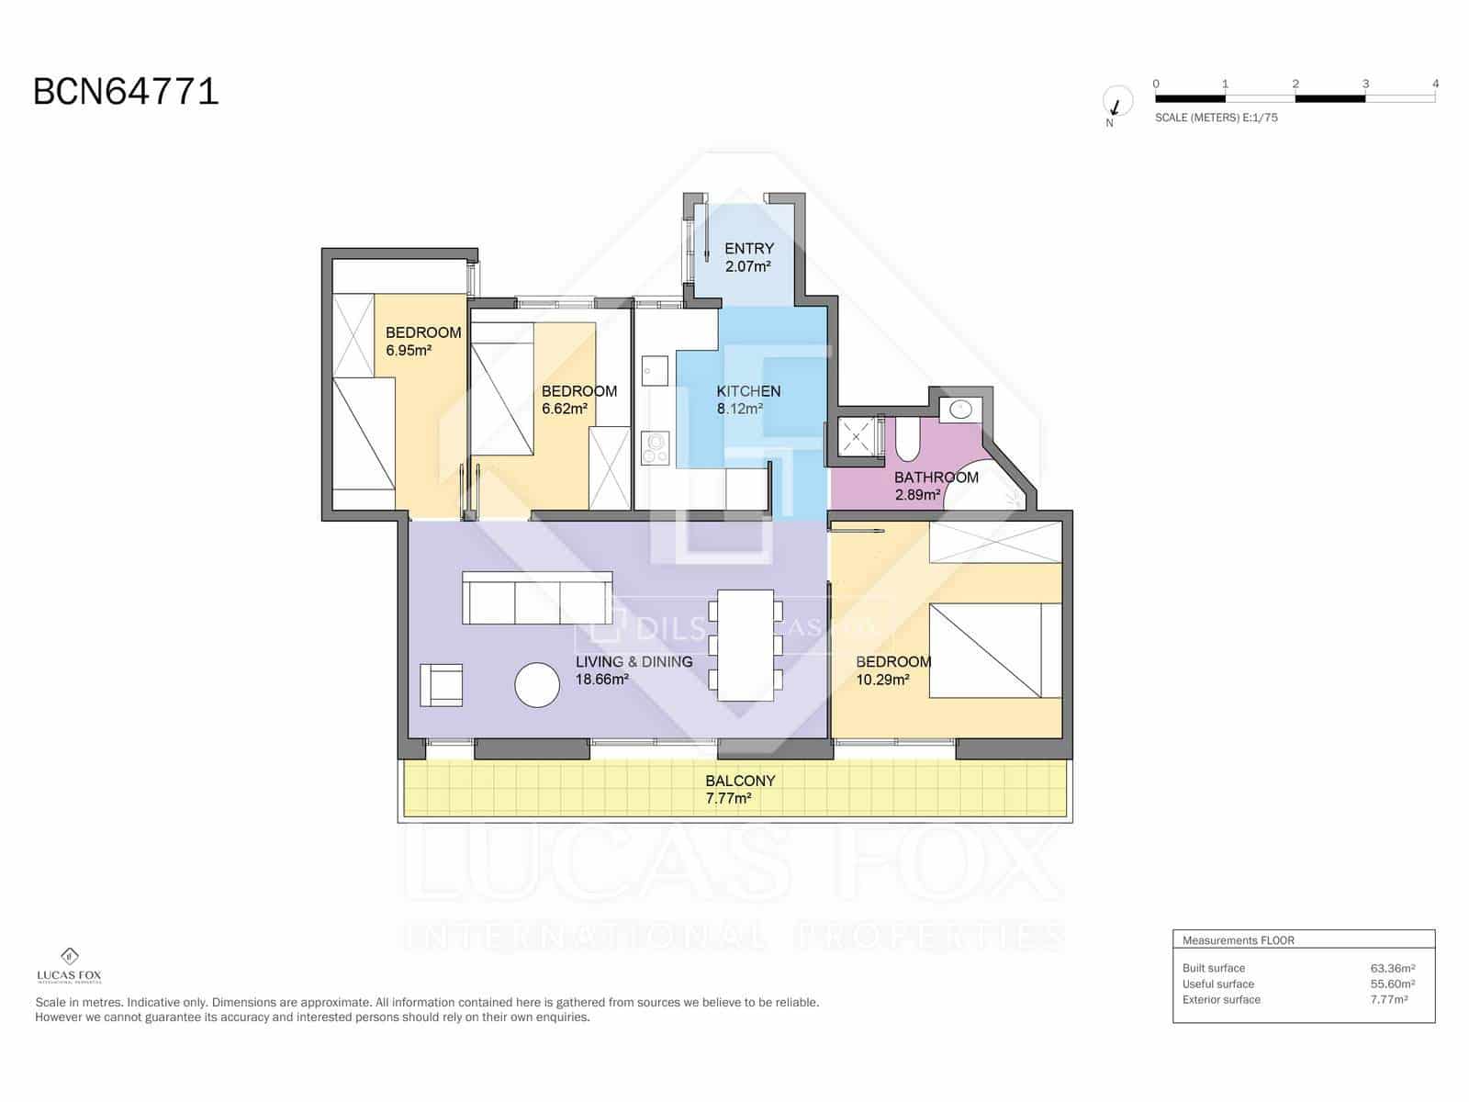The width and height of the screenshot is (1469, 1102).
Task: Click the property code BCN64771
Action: [126, 92]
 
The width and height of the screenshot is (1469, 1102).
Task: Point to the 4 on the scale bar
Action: [1435, 84]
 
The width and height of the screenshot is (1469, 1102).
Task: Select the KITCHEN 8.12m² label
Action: [748, 399]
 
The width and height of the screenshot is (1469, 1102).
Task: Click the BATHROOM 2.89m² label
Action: [936, 486]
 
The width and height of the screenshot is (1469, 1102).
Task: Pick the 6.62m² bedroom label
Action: [578, 399]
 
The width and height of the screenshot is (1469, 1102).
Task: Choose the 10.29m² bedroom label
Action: [892, 670]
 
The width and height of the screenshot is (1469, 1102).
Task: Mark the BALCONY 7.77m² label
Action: [739, 790]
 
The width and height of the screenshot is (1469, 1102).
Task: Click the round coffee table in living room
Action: [537, 685]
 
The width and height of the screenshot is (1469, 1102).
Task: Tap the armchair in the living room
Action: [441, 684]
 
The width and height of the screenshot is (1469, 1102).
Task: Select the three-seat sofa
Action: [537, 598]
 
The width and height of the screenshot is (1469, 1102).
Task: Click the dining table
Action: [745, 646]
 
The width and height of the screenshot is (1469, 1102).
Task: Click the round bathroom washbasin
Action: [961, 410]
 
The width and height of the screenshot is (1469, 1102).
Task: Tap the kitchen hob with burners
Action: [656, 448]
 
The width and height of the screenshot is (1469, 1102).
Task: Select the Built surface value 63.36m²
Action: [1392, 968]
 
